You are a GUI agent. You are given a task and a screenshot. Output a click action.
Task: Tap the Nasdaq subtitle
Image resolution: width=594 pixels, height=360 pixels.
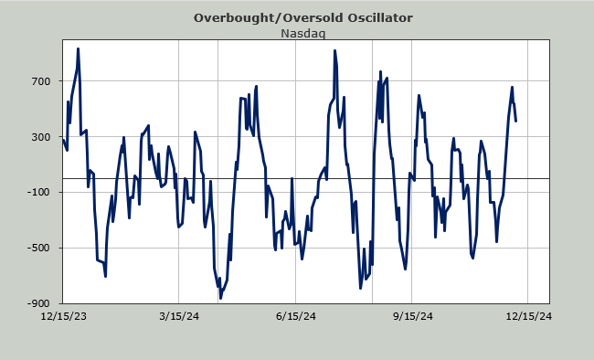[x=303, y=33]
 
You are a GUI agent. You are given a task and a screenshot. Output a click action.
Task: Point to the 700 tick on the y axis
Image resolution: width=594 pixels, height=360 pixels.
[x=41, y=81]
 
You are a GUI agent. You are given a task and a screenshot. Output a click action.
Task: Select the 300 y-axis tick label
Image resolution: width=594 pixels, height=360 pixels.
[x=41, y=137]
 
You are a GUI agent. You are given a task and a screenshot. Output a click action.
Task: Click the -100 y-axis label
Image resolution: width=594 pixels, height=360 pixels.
[x=39, y=192]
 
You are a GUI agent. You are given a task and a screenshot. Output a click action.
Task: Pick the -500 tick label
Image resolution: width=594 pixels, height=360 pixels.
[x=39, y=248]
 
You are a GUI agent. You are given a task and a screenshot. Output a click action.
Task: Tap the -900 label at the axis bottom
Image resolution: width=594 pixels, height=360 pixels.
[x=39, y=303]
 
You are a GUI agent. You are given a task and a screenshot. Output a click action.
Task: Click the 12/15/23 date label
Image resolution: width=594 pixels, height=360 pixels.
[x=64, y=316]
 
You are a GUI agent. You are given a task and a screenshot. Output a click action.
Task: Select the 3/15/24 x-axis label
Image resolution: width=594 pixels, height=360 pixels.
[x=179, y=316]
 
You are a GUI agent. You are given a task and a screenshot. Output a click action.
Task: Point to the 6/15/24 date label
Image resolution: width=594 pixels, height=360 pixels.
[x=295, y=316]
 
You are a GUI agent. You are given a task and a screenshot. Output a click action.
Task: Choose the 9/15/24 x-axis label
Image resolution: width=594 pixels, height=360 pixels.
[x=412, y=316]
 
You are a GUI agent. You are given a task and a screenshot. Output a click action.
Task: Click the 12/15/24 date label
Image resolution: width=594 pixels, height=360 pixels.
[x=529, y=316]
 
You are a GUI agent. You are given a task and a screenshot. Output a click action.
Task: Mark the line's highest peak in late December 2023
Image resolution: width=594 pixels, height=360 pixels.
[x=78, y=48]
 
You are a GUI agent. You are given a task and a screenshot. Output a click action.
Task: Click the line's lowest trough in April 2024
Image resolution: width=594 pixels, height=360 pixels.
[x=220, y=299]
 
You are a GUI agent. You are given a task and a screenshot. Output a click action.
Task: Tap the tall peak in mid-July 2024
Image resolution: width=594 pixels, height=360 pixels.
[x=334, y=50]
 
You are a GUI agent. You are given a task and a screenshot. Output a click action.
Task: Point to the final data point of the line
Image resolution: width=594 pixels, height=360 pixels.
[x=516, y=122]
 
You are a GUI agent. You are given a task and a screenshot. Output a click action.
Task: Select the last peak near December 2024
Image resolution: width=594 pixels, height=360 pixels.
[x=512, y=87]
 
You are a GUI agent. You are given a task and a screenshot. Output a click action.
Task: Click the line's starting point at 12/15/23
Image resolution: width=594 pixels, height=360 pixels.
[x=63, y=140]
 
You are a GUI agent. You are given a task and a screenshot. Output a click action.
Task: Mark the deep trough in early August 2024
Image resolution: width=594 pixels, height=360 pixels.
[x=361, y=289]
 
